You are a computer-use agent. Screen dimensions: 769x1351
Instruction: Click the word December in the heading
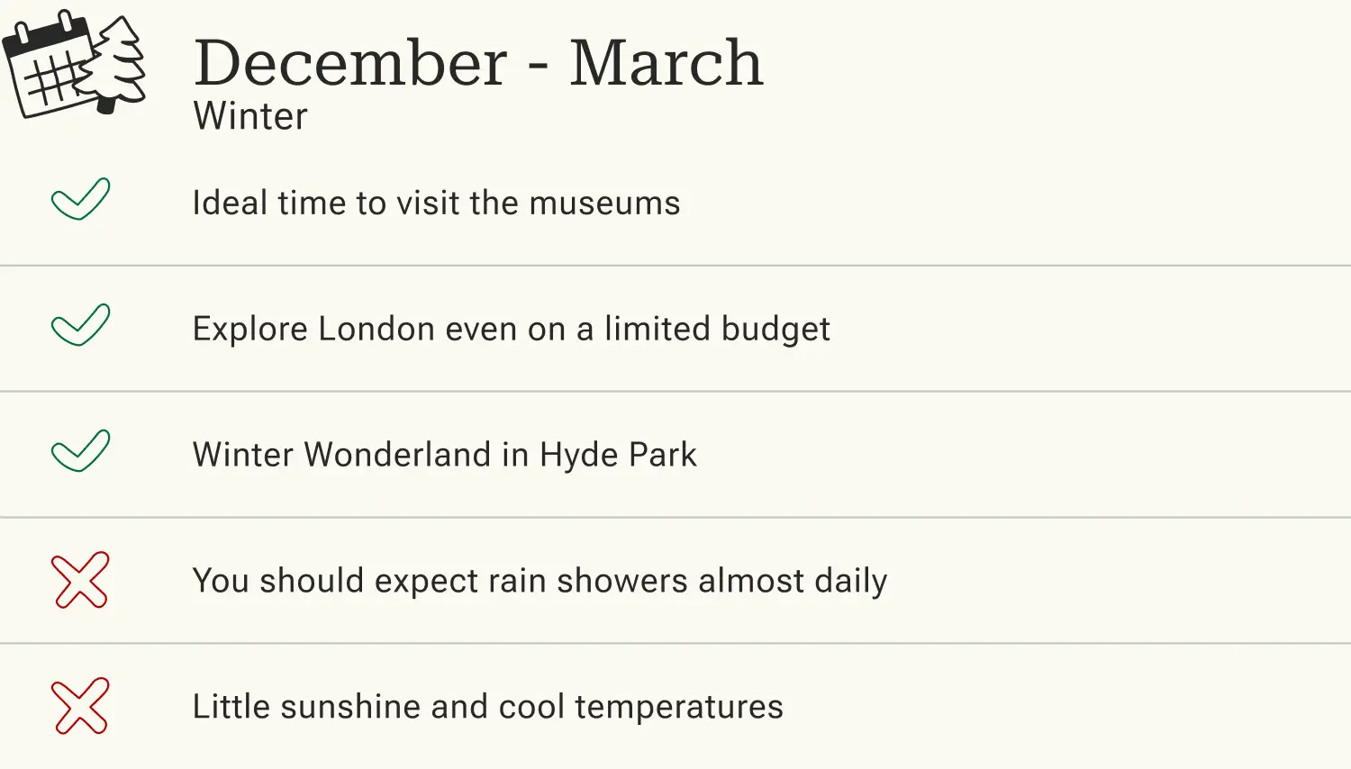point(350,64)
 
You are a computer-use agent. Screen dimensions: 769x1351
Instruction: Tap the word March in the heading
point(666,64)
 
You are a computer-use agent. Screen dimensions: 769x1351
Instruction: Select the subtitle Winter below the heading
point(250,116)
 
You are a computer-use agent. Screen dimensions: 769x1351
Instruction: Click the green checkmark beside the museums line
point(80,199)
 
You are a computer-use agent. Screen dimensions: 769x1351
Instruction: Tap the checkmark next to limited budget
point(80,325)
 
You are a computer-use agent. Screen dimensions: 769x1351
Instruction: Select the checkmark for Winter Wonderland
point(80,451)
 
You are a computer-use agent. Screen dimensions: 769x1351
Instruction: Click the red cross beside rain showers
point(80,580)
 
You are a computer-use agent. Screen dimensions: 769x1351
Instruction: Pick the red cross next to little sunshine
point(80,706)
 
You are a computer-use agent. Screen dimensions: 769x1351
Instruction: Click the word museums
point(604,204)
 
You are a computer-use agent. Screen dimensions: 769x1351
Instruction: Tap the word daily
point(850,582)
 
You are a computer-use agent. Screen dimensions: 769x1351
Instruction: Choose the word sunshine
point(350,708)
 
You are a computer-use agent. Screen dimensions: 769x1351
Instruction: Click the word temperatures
point(678,708)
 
